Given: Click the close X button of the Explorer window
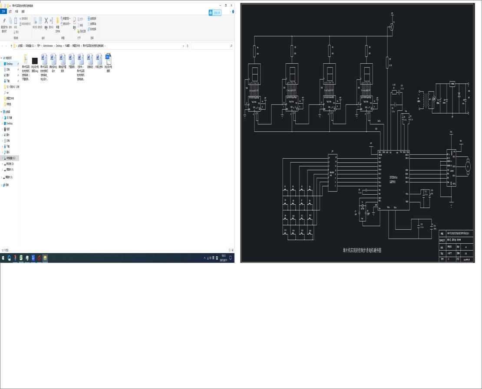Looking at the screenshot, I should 231,5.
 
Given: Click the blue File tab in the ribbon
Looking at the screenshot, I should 3,12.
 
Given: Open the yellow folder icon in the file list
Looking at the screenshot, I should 26,59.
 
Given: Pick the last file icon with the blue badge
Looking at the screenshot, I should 108,59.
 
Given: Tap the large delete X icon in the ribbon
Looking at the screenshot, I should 46,21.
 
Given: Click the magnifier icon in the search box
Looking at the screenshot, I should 231,46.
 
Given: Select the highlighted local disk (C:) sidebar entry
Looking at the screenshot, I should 10,158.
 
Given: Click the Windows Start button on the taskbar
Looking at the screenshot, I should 3,258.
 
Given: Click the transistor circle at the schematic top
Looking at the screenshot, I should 391,27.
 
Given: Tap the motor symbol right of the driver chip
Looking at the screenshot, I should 467,165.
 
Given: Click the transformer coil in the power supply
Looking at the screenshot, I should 431,100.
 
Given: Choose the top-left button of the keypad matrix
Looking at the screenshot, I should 285,190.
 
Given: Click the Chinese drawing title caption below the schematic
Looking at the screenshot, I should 362,250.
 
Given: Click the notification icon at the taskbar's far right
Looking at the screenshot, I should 231,258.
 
